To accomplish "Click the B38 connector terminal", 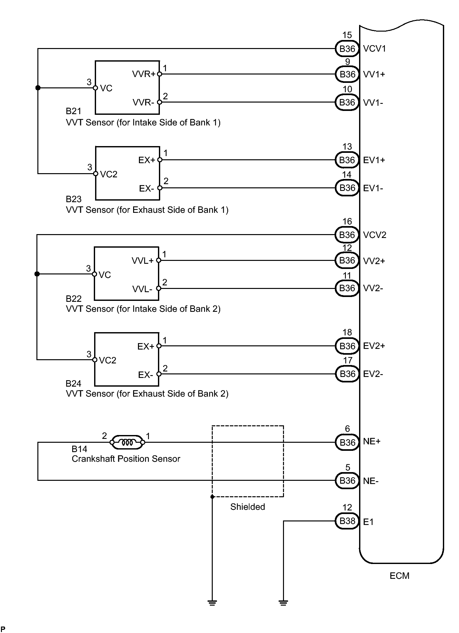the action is click(x=347, y=521).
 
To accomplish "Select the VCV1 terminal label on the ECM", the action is click(x=375, y=48).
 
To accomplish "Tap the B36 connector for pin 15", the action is click(x=347, y=49).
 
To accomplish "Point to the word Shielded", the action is click(x=248, y=507).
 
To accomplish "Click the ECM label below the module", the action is click(x=399, y=576).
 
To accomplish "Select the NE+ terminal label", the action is click(x=372, y=441).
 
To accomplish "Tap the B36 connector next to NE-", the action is click(x=347, y=480).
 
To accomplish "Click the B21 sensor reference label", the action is click(x=73, y=111).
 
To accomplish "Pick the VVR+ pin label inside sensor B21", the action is click(x=144, y=74).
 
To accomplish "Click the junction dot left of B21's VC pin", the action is click(x=38, y=88).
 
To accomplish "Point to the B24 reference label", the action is click(x=73, y=384).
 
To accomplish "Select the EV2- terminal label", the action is click(x=373, y=374).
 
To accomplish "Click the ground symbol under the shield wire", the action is click(x=212, y=603).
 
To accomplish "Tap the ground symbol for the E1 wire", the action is click(x=283, y=603).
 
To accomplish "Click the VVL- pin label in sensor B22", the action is click(x=142, y=289).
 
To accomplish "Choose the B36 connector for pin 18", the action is click(x=347, y=346).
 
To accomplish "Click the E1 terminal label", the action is click(x=368, y=522).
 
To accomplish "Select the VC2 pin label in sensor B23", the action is click(x=109, y=174).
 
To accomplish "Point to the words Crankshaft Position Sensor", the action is click(x=126, y=459).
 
